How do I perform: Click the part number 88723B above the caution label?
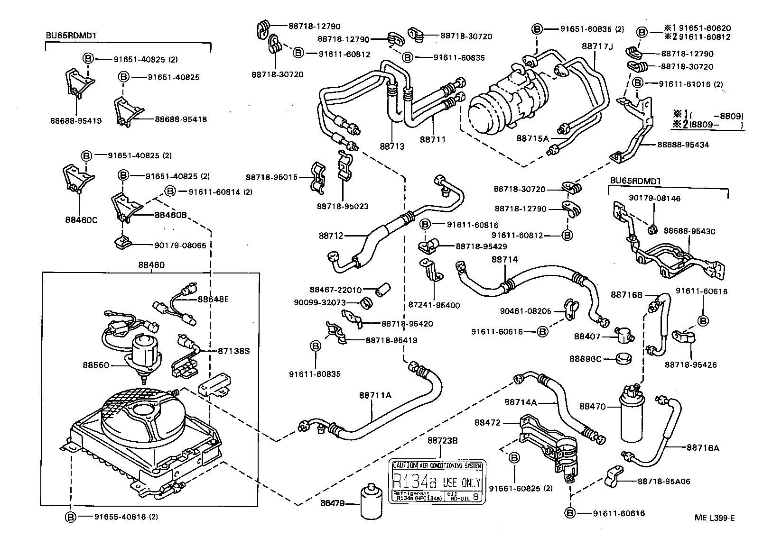(442, 440)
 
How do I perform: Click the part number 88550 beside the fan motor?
(96, 365)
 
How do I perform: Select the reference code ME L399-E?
(715, 518)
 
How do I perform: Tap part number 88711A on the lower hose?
(375, 395)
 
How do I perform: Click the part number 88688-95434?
(683, 145)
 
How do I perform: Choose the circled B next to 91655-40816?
(70, 517)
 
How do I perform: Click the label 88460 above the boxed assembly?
(151, 265)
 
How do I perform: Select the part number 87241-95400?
(434, 305)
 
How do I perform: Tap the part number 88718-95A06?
(663, 481)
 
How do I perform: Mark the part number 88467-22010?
(336, 290)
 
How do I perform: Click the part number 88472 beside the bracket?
(487, 422)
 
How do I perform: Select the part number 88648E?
(213, 299)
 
